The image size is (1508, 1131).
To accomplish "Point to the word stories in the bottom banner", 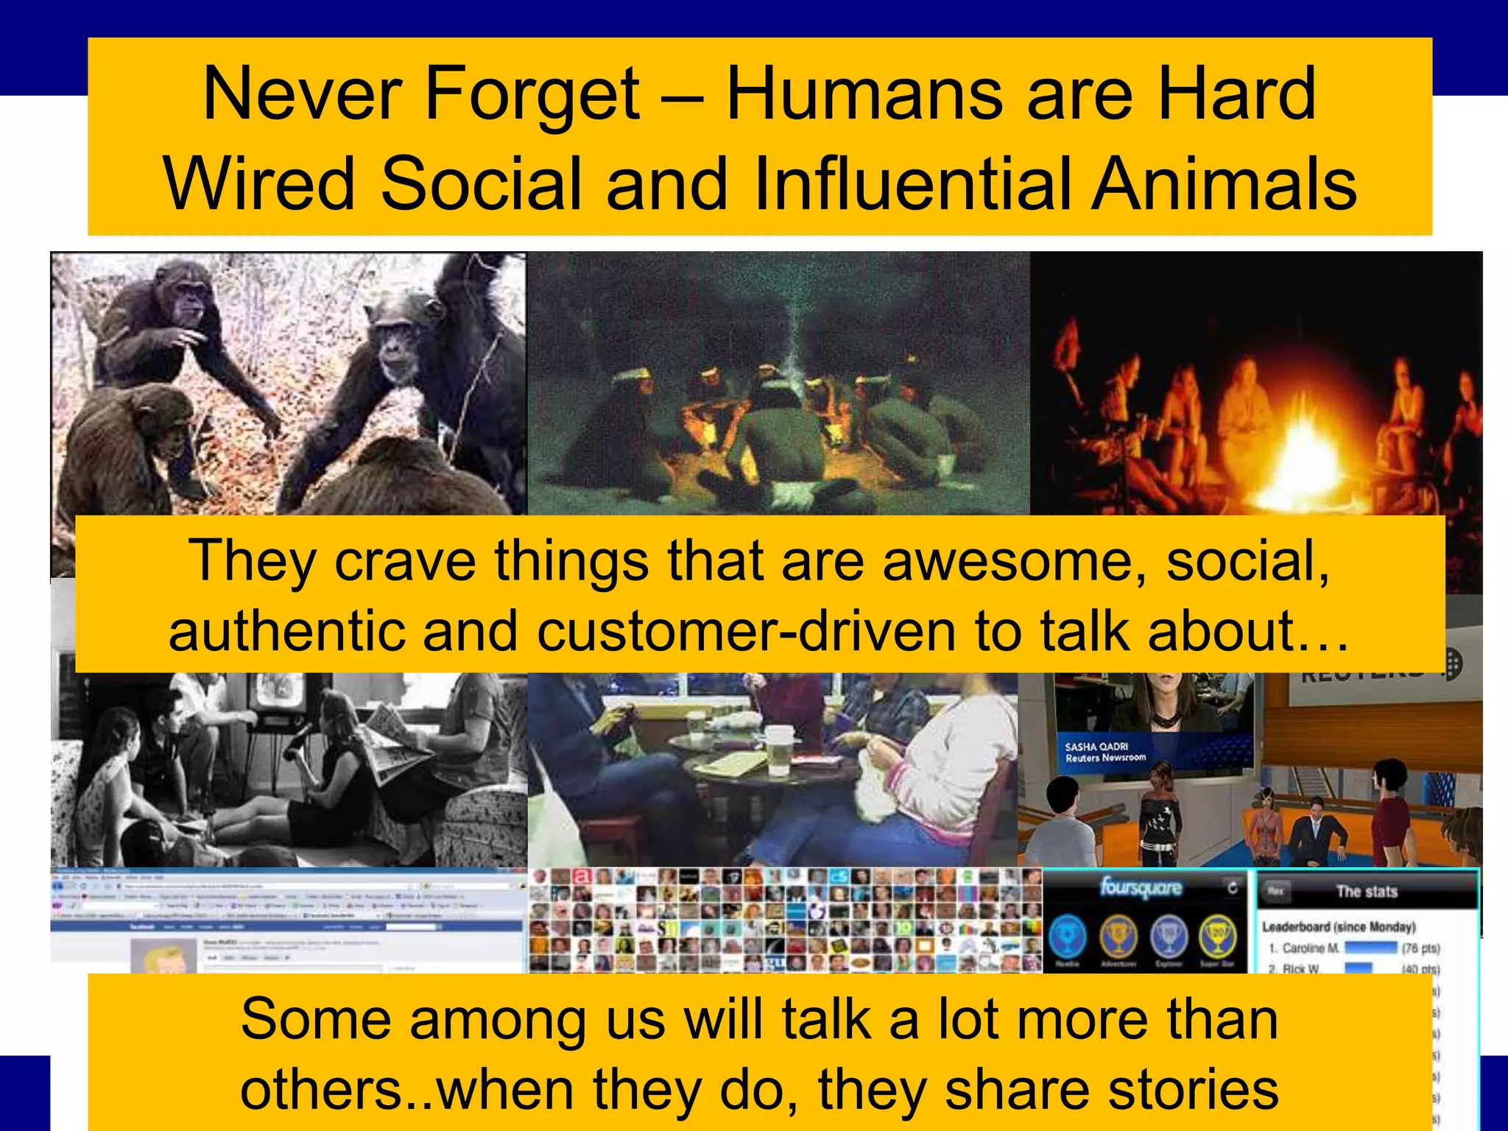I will click(1193, 1090).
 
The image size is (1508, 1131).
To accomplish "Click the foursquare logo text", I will click(1141, 888).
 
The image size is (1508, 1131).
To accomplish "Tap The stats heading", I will click(1367, 892).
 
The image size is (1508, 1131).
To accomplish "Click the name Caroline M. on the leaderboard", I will click(1311, 948).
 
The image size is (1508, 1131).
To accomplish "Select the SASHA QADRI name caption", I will click(1096, 747).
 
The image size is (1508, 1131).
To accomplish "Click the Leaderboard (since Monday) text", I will click(1339, 927).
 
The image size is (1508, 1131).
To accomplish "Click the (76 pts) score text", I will click(1420, 948).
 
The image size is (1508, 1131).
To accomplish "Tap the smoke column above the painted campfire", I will click(792, 324).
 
